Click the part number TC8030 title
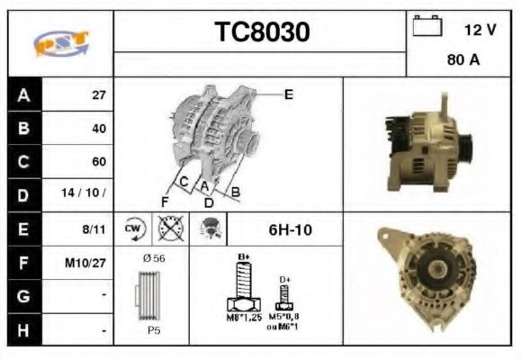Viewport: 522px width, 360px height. coord(262,32)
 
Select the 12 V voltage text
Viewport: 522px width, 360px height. coord(480,30)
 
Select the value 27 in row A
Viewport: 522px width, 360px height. coord(99,94)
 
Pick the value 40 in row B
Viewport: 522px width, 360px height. coord(99,128)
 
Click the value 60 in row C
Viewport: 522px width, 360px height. coord(99,162)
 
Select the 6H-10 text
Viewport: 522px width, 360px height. coord(290,229)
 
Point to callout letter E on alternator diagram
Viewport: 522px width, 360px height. coord(288,93)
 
